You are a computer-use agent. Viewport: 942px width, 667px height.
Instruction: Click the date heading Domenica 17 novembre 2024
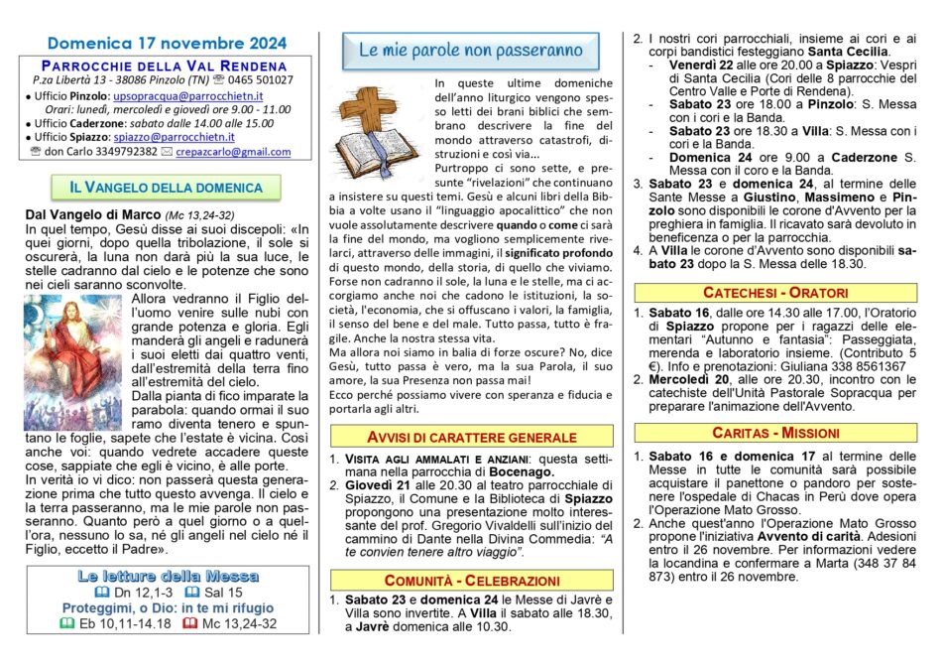pos(167,43)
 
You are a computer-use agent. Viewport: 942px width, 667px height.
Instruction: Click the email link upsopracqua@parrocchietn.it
pos(187,95)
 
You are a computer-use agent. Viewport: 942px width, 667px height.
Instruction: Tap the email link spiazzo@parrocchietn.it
pos(175,137)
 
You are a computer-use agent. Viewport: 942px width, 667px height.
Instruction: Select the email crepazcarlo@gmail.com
pos(233,152)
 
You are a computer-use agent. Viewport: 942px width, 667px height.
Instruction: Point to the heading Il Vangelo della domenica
pos(166,187)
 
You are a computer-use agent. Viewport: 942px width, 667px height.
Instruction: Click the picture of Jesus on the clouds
pos(59,361)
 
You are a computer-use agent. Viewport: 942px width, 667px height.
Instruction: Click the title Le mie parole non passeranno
pos(471,50)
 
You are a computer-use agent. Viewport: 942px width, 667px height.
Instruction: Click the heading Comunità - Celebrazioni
pos(471,580)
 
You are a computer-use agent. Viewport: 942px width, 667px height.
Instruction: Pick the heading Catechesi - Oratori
pos(775,293)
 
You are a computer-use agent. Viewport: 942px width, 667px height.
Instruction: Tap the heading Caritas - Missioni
pos(775,433)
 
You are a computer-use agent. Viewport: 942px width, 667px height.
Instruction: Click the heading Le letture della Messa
pos(167,576)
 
